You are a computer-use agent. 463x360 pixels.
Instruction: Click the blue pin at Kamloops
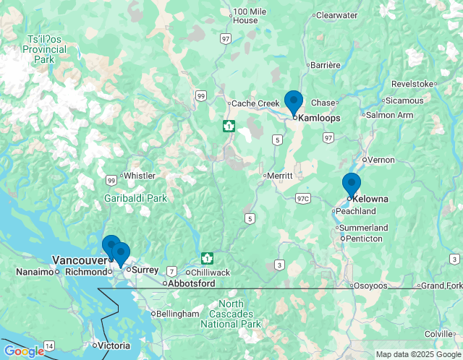[293, 102]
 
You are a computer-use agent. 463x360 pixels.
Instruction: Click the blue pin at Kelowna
[352, 184]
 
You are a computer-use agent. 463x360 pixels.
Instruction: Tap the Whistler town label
[140, 176]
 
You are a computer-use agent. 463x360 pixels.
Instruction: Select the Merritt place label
[279, 176]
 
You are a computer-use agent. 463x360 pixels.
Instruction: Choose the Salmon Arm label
[389, 115]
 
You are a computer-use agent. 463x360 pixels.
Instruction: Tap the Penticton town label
[364, 239]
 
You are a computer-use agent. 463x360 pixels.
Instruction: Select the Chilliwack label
[211, 273]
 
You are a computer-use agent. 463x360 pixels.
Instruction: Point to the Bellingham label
[178, 314]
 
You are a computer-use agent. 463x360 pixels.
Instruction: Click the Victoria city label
[115, 346]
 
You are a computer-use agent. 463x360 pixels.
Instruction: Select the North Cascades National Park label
[231, 314]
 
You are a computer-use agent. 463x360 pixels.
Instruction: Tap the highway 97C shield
[302, 198]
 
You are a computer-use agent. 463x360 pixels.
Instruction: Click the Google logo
[23, 351]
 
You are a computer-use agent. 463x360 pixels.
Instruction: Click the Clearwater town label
[336, 15]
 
